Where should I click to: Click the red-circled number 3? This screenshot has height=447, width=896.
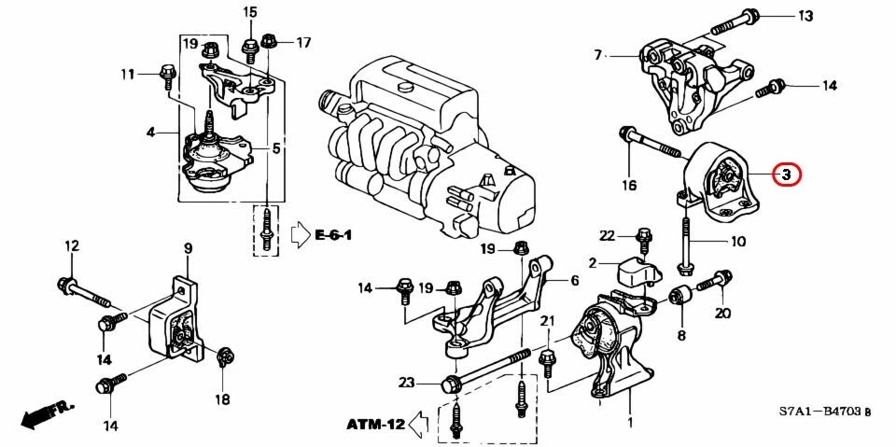coord(786,174)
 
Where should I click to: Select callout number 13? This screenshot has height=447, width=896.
coord(805,16)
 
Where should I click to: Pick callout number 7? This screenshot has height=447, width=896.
coord(598,56)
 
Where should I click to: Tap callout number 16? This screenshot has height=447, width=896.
coord(630,186)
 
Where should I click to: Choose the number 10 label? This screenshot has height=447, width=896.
coord(737,242)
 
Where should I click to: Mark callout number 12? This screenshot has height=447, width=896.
coord(71,246)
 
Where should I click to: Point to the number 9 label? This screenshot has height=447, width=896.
coord(187,248)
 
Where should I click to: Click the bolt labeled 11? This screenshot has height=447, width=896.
coord(169,72)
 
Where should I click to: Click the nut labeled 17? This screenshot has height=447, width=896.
coord(270,40)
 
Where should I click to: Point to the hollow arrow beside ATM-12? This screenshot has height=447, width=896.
coord(421,425)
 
